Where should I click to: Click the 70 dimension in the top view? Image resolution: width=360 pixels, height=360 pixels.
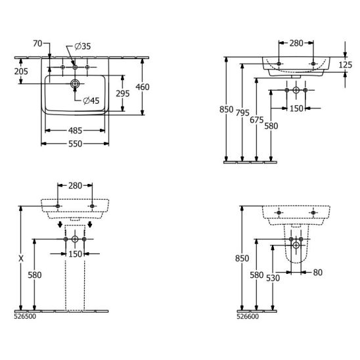pos(37,43)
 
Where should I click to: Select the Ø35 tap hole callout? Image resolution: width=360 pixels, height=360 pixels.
pos(83,47)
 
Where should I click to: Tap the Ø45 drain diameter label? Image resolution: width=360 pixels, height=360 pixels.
pos(91,101)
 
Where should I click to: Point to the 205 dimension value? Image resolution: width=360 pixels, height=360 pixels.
pos(21,72)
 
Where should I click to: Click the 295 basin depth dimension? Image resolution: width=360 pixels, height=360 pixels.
pos(123,93)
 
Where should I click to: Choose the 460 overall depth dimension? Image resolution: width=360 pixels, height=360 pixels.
pos(143,87)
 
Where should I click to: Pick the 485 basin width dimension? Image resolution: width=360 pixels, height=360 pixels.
pos(75,131)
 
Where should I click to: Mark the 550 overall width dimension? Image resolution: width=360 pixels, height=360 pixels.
pos(75,144)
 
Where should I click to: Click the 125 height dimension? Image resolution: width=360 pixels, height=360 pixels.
pos(346,65)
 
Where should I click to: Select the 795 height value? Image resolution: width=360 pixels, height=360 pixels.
pos(242,113)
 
